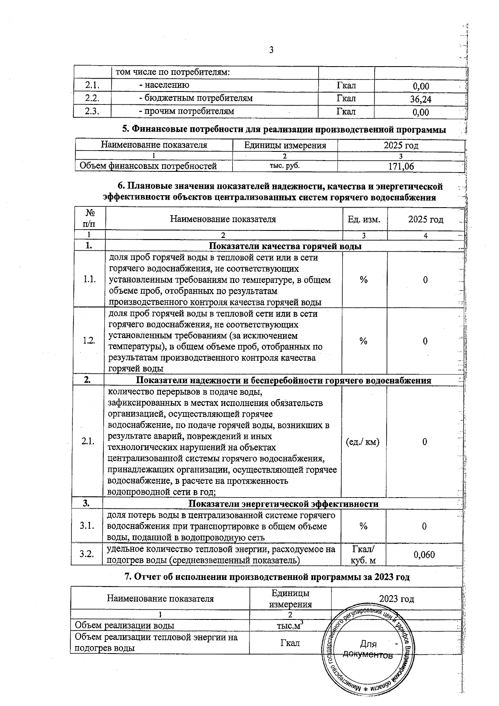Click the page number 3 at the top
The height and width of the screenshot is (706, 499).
click(x=271, y=51)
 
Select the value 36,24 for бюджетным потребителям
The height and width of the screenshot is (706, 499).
click(x=420, y=99)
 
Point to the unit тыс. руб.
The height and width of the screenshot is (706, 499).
click(x=285, y=166)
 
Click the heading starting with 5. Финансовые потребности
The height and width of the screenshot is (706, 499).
click(x=284, y=129)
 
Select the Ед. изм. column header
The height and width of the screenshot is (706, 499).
click(x=364, y=219)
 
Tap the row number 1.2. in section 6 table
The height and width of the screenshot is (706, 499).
click(x=89, y=341)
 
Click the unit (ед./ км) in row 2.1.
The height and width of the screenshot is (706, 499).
click(x=363, y=442)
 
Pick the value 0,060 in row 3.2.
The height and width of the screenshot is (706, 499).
click(x=424, y=555)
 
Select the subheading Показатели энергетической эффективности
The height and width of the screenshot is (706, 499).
click(x=284, y=504)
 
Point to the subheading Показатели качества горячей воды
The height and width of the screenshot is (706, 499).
click(x=285, y=246)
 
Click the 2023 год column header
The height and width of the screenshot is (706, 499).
click(x=396, y=599)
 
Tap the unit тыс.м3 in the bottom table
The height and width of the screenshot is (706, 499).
click(x=290, y=625)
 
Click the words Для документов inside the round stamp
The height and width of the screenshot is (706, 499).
click(x=368, y=650)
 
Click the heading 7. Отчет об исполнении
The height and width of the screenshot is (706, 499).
click(x=267, y=577)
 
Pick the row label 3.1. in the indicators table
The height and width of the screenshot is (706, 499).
click(x=87, y=526)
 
